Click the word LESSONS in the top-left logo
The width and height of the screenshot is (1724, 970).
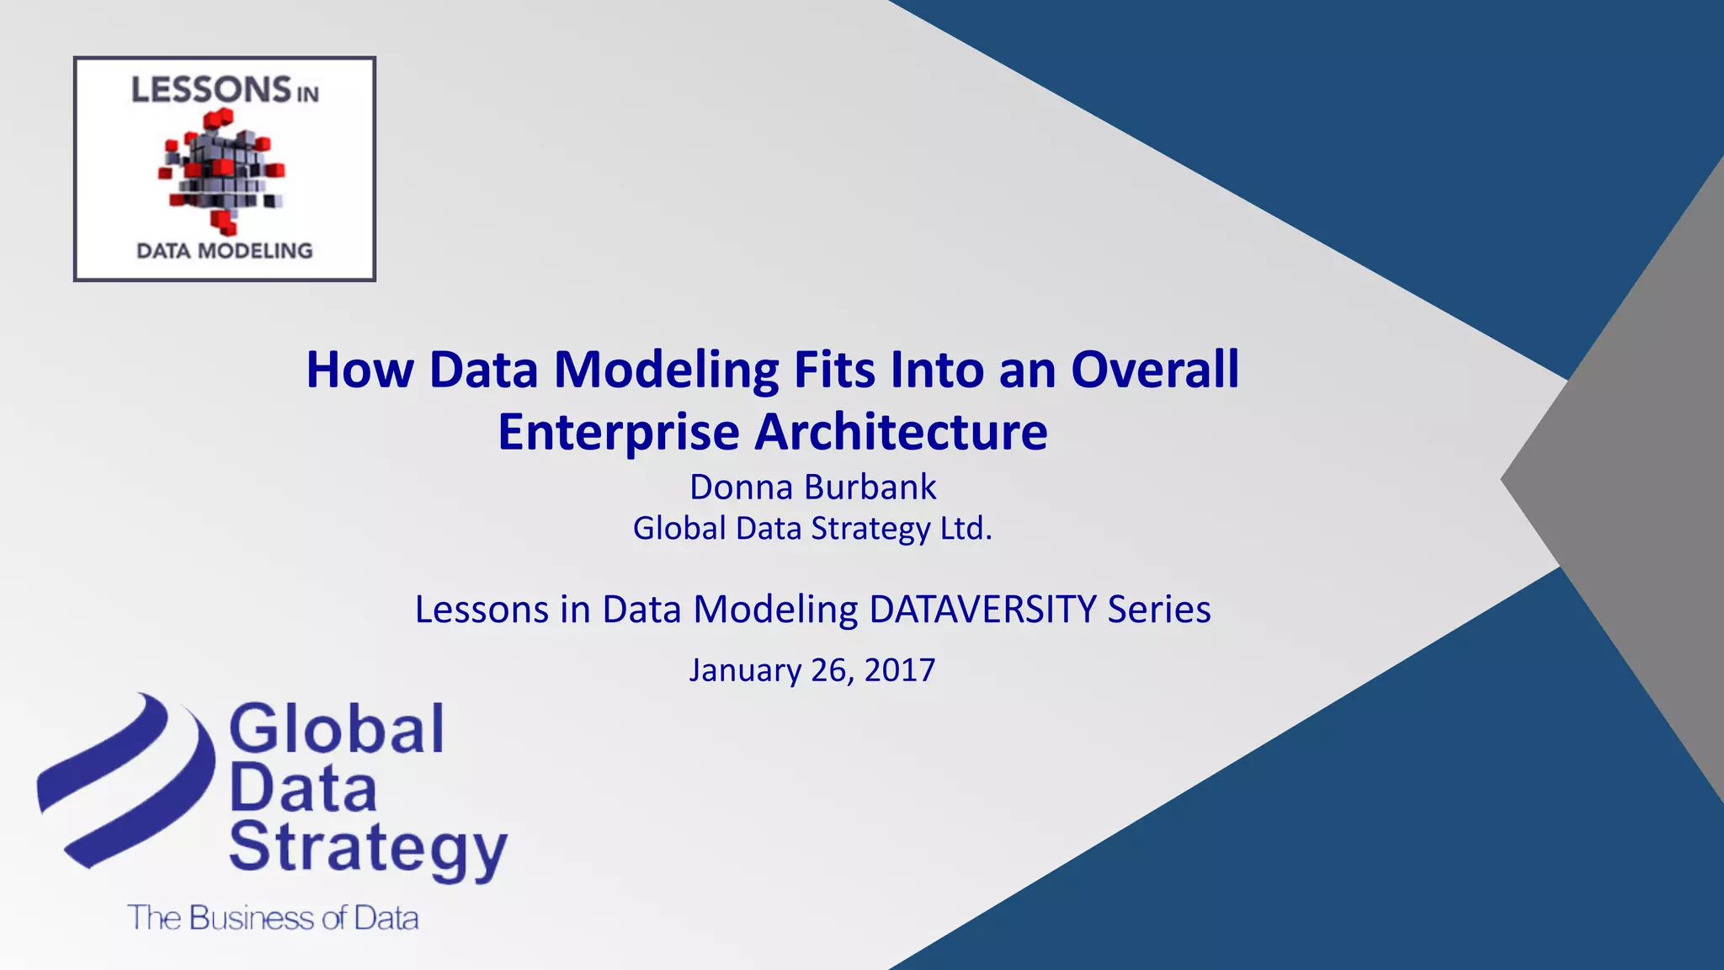coord(210,90)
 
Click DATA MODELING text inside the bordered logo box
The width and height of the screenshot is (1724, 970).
coord(225,251)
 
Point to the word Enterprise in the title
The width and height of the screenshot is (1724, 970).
coord(619,433)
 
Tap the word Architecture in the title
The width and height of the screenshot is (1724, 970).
coord(901,432)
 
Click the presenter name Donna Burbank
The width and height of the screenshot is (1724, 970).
coord(812,488)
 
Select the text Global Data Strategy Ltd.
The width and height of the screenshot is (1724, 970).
coord(812,529)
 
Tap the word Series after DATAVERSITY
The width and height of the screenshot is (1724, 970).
coord(1159,610)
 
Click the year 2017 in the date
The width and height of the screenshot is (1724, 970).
coord(899,670)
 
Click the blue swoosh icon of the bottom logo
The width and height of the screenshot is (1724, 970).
coord(126,779)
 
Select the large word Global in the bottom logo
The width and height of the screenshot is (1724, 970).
coord(336,729)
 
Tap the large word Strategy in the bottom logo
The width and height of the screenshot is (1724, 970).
coord(367,849)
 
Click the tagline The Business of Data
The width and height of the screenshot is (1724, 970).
coord(273,918)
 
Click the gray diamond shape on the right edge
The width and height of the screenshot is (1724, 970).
coord(1633,480)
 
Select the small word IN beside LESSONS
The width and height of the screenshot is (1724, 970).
coord(307,94)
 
